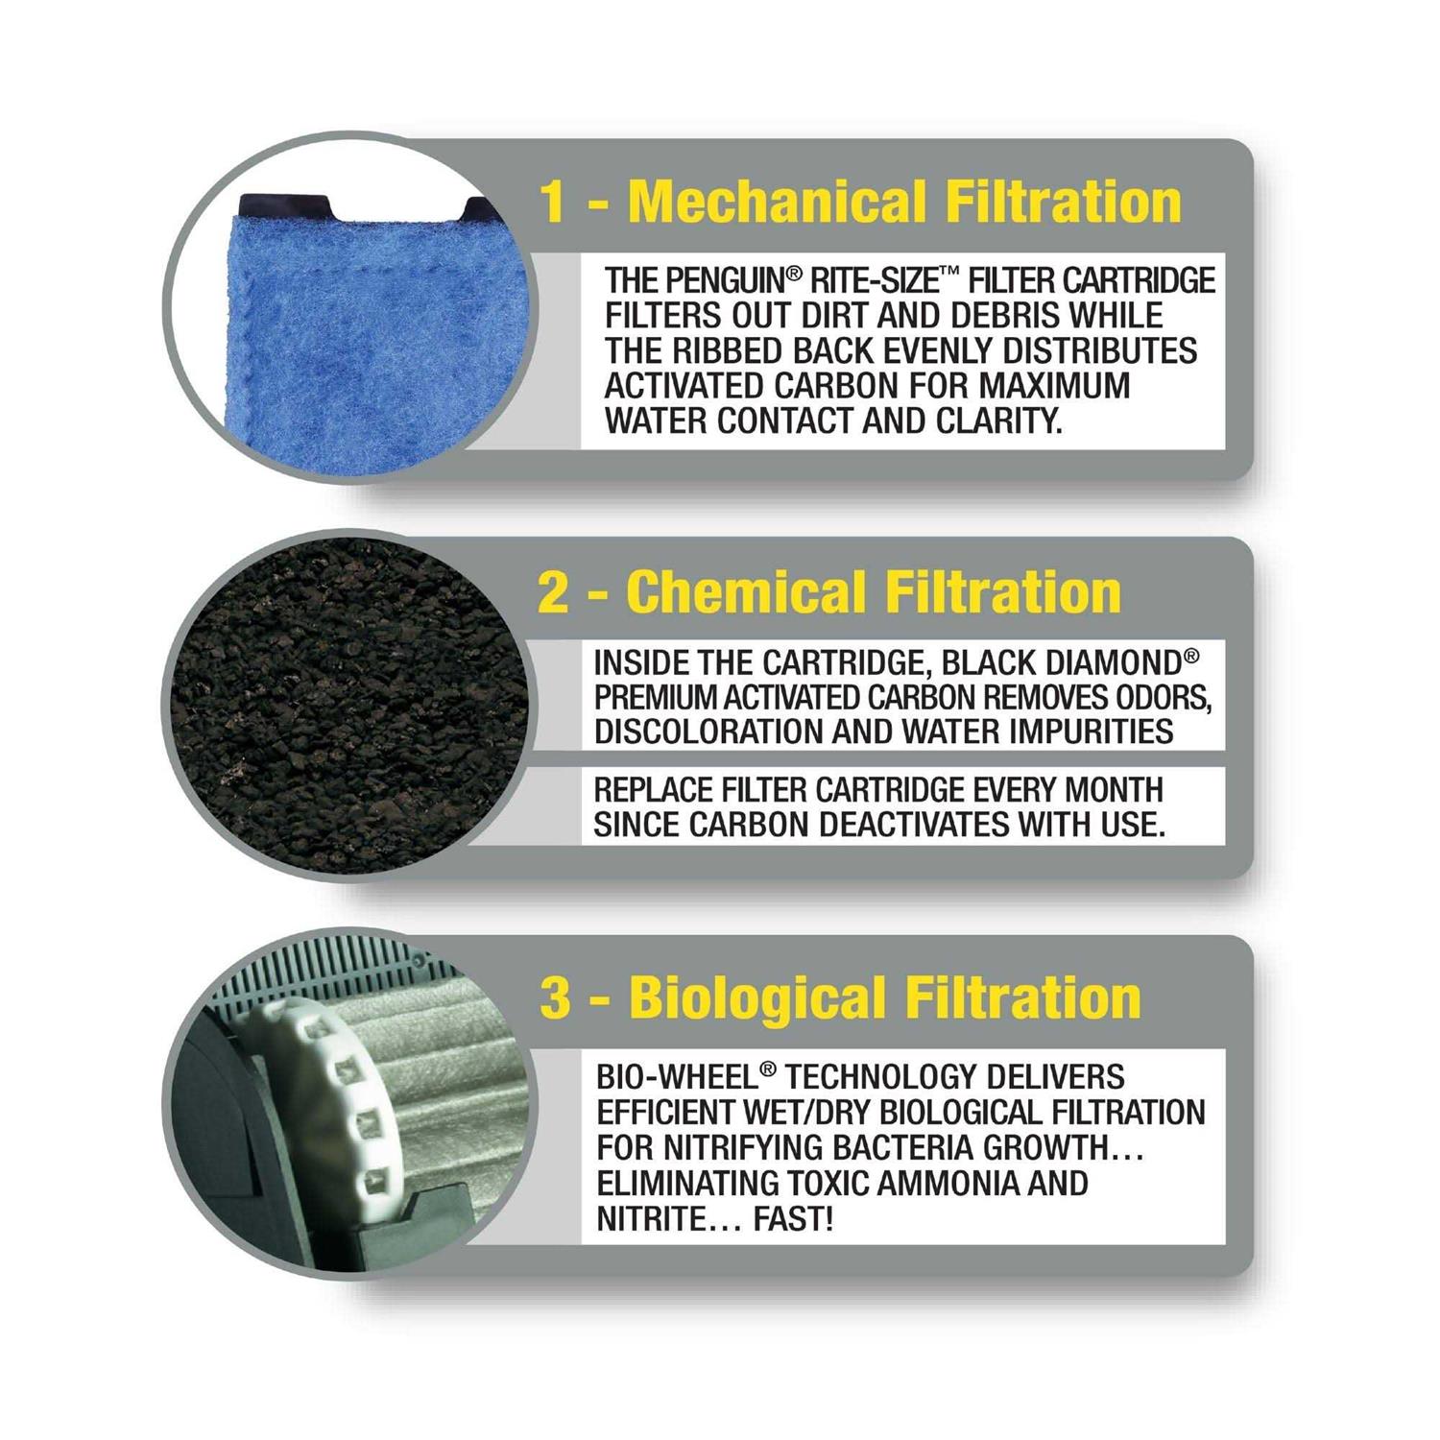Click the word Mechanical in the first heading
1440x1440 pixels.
(x=778, y=203)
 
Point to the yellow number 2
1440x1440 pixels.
(x=554, y=592)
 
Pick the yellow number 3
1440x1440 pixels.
(x=555, y=998)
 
